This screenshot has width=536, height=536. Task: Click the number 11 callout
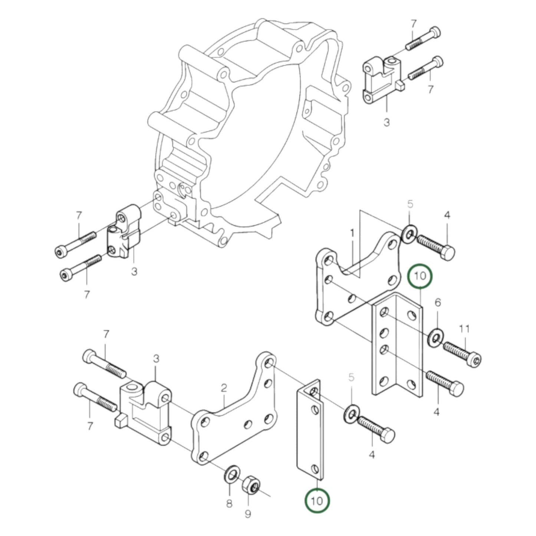coord(464,329)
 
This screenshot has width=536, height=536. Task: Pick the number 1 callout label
coord(352,233)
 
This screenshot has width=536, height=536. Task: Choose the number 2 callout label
coord(223,388)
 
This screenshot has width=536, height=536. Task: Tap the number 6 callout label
coord(438,303)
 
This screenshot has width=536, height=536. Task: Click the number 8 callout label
coord(229,503)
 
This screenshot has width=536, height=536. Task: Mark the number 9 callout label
coord(248,514)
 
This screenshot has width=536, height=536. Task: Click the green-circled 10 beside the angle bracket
coord(420,276)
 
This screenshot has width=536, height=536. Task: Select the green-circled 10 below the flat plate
coord(317,501)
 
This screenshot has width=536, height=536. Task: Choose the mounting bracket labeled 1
coord(356,282)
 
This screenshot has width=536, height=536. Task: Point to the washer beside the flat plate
coord(351,412)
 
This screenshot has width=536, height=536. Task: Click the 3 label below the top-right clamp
coord(387,122)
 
